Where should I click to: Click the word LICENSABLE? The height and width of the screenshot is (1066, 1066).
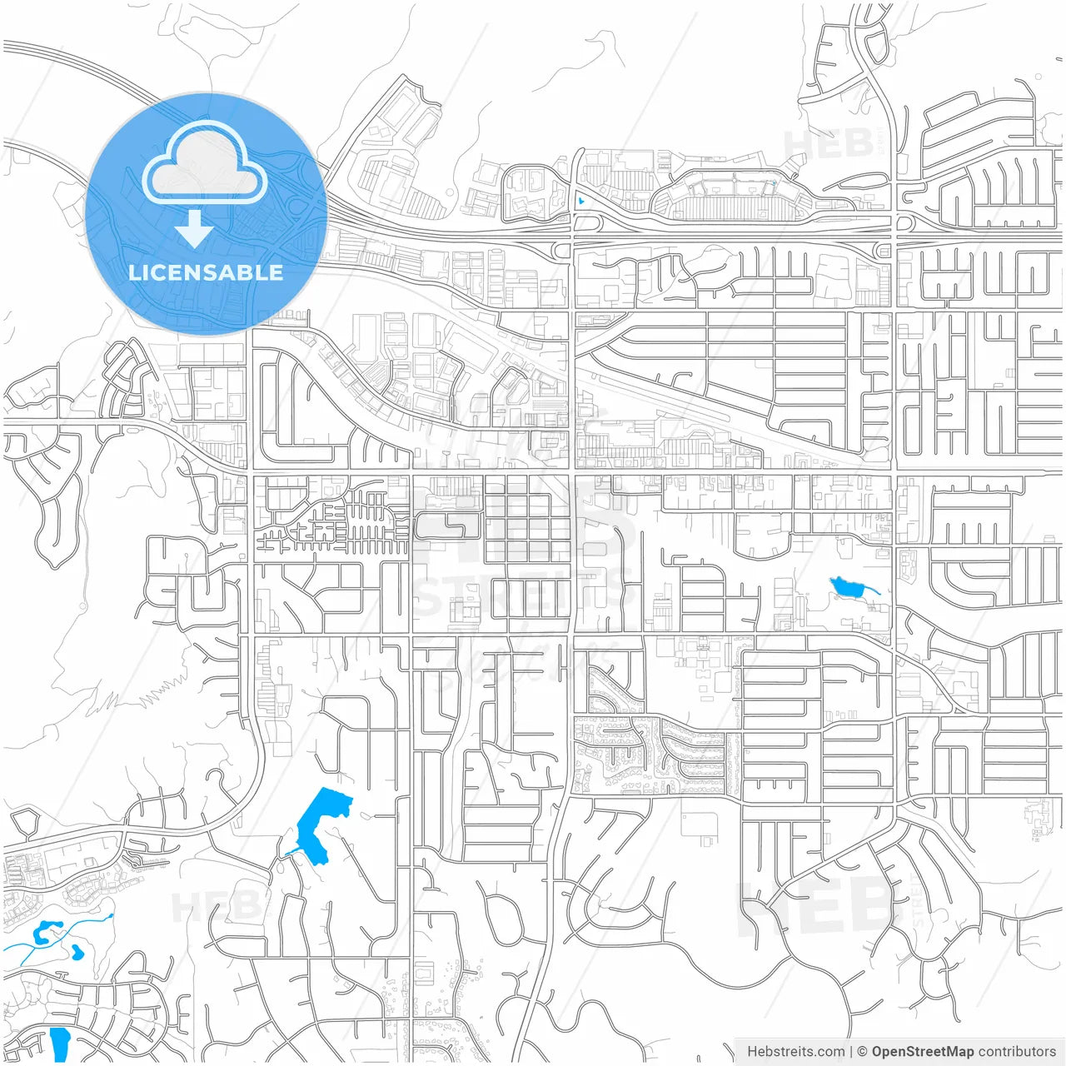click(206, 272)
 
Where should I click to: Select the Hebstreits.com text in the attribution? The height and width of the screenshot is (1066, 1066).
click(795, 1052)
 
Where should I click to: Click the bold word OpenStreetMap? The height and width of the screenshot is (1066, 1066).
click(923, 1052)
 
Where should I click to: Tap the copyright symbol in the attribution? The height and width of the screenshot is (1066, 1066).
click(862, 1052)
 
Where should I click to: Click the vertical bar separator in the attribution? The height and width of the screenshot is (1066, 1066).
click(851, 1052)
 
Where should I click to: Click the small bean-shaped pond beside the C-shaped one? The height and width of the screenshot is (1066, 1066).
click(77, 950)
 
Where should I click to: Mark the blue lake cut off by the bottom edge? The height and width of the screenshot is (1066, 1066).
click(60, 1044)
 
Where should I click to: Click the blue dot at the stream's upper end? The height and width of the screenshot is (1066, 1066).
click(112, 916)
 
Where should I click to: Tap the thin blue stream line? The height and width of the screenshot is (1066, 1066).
click(83, 926)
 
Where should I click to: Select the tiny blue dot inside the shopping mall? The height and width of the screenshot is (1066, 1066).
click(774, 183)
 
